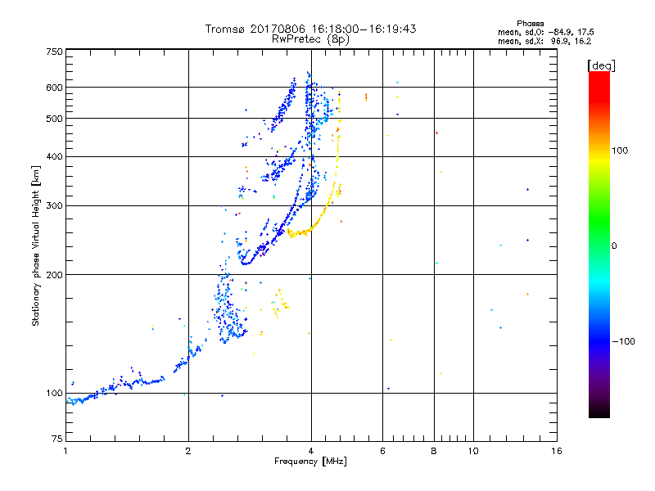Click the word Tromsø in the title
tap(226, 29)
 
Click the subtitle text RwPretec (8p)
tap(310, 39)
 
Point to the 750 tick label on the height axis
tap(54, 52)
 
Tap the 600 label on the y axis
tap(54, 88)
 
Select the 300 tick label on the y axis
tap(54, 205)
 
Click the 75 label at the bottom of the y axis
tap(57, 439)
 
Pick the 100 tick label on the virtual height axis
tap(54, 393)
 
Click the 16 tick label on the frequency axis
tap(557, 451)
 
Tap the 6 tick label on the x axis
tap(382, 451)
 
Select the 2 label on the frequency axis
tap(188, 451)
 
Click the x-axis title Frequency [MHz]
tap(310, 462)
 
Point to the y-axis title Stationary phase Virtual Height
tap(35, 245)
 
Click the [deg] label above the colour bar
tap(601, 65)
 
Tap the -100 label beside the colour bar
tap(623, 341)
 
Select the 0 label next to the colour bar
tap(614, 245)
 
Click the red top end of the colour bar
tap(599, 75)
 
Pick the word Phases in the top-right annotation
tap(530, 24)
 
